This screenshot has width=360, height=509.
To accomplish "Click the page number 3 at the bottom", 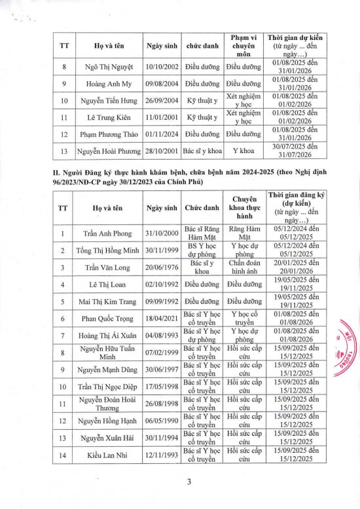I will (x=180, y=483).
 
